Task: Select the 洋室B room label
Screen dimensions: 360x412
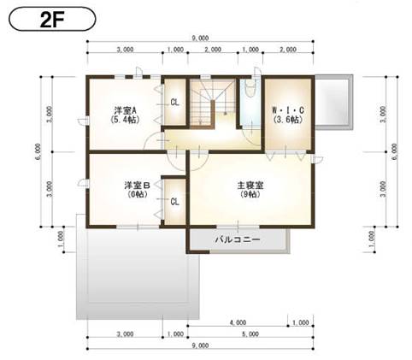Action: pyautogui.click(x=137, y=185)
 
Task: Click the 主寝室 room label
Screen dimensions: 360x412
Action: pyautogui.click(x=250, y=185)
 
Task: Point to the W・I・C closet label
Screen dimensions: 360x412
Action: pyautogui.click(x=287, y=110)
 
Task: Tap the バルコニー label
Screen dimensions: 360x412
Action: pyautogui.click(x=237, y=241)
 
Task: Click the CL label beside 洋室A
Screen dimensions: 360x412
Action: pyautogui.click(x=174, y=102)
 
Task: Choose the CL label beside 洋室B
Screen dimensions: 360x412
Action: pyautogui.click(x=174, y=202)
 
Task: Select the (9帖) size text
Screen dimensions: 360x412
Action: pyautogui.click(x=250, y=195)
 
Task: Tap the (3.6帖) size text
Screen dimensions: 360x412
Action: pyautogui.click(x=287, y=121)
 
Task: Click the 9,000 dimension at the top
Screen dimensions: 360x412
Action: pyautogui.click(x=203, y=38)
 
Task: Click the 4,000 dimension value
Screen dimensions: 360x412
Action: pyautogui.click(x=238, y=323)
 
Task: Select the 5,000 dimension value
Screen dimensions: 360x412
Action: pyautogui.click(x=250, y=333)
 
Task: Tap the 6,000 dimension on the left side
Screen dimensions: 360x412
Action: pyautogui.click(x=38, y=152)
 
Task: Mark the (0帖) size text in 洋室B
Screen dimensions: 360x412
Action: pyautogui.click(x=137, y=195)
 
